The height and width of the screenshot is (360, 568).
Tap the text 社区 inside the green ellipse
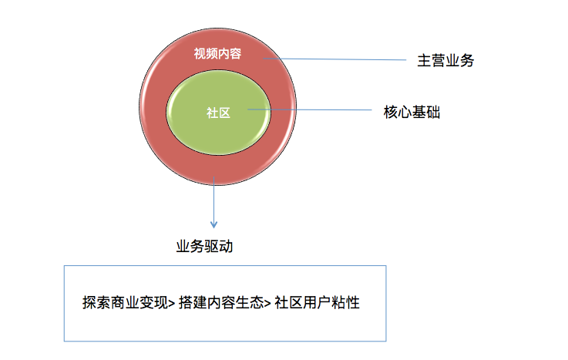tap(218, 113)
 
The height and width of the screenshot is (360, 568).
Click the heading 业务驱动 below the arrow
tap(204, 247)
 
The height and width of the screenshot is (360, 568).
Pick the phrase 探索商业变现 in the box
tap(124, 303)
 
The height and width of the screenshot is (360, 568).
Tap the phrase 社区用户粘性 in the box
tap(317, 303)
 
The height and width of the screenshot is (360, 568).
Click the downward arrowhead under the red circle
tap(214, 224)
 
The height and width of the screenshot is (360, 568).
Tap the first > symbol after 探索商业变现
tap(171, 304)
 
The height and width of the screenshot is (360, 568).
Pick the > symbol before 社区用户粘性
tap(267, 304)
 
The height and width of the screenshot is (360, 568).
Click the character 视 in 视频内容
tap(200, 52)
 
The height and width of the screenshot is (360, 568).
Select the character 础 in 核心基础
tap(433, 111)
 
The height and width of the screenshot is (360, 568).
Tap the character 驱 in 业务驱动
tap(211, 247)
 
